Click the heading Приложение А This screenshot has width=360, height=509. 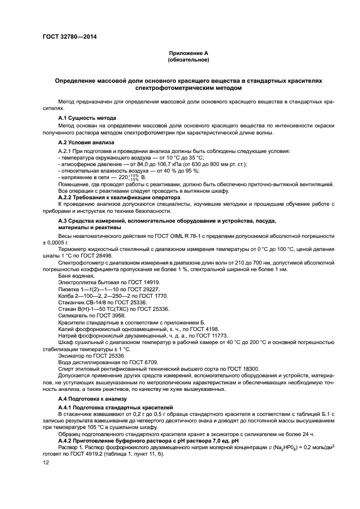pyautogui.click(x=188, y=53)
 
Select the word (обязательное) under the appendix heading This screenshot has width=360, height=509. pyautogui.click(x=188, y=59)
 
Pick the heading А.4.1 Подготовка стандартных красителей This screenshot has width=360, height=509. pyautogui.click(x=115, y=407)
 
